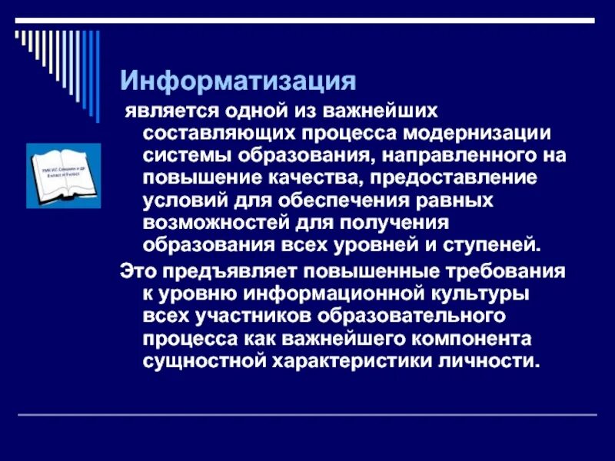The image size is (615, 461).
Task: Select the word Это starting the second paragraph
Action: point(136,272)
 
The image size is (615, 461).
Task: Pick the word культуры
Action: point(471,294)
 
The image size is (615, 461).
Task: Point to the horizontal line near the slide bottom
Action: point(307,416)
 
